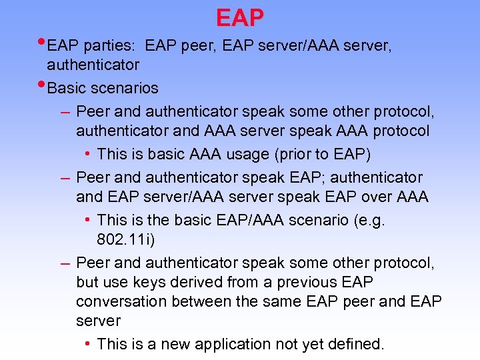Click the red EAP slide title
pos(240,17)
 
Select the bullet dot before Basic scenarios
pos(41,85)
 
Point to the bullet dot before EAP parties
pos(41,43)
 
